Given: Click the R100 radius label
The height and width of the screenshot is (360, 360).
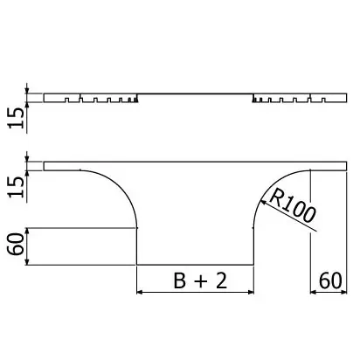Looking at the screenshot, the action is pyautogui.click(x=292, y=205).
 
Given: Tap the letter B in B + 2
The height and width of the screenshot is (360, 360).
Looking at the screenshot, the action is pyautogui.click(x=180, y=280).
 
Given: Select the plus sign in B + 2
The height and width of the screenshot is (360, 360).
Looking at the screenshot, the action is pyautogui.click(x=201, y=281).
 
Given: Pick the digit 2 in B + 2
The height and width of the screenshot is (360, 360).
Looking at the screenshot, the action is pyautogui.click(x=221, y=280).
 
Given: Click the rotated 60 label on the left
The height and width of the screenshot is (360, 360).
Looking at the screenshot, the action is pyautogui.click(x=16, y=244).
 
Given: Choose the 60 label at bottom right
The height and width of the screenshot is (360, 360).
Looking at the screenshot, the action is pyautogui.click(x=330, y=280).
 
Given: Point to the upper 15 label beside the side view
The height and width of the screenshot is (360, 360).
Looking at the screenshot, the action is pyautogui.click(x=16, y=118).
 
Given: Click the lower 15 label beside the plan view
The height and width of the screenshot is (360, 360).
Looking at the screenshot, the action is pyautogui.click(x=16, y=187).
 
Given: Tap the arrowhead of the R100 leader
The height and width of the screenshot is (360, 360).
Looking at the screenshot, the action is pyautogui.click(x=263, y=202).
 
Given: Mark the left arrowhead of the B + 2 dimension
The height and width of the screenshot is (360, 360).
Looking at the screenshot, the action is pyautogui.click(x=140, y=292).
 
